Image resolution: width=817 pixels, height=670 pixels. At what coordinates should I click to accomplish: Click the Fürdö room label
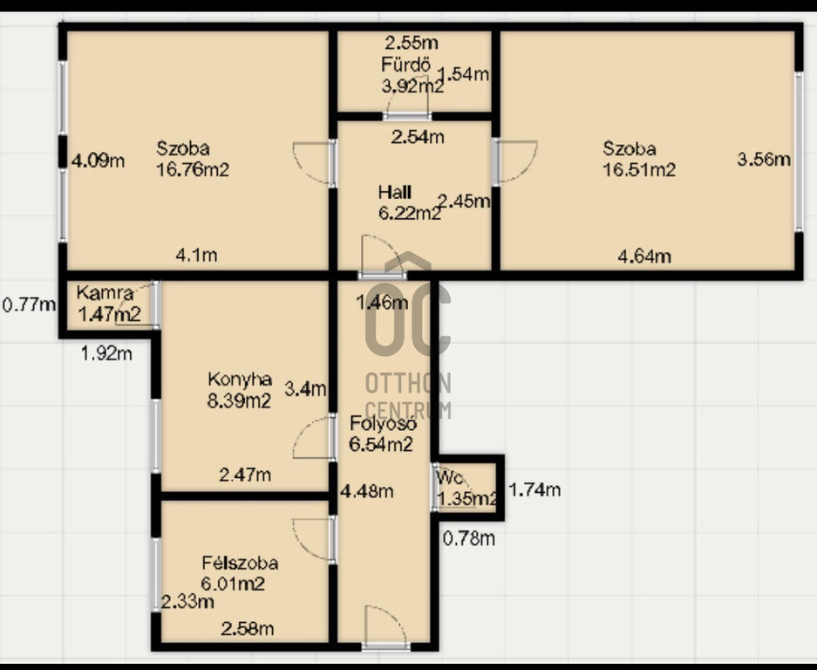406,65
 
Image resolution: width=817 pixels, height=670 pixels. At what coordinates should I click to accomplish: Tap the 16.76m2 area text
193,170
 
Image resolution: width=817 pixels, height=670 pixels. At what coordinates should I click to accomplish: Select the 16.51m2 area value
639,170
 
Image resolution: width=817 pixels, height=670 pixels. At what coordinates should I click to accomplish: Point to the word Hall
394,192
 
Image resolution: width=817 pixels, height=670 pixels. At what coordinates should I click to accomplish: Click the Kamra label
105,293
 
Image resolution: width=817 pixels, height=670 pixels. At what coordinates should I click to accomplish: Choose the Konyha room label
239,379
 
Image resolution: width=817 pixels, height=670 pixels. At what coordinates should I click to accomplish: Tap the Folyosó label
383,423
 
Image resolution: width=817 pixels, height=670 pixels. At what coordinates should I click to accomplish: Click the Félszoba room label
240,563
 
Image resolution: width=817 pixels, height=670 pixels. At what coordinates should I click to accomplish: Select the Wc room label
450,477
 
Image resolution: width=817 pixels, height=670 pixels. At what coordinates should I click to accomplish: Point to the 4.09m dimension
98,161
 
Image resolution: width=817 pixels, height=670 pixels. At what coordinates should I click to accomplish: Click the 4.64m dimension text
644,256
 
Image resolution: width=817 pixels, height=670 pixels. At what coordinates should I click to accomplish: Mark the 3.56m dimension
763,159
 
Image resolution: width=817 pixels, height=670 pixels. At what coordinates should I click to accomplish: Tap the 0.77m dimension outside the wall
29,304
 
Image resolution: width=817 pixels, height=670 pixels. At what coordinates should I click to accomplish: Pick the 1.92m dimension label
106,354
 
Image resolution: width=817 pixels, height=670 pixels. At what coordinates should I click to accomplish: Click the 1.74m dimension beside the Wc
534,489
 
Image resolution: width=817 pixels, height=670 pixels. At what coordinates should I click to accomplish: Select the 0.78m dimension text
469,538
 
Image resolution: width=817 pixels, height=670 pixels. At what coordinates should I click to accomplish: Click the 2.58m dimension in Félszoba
247,629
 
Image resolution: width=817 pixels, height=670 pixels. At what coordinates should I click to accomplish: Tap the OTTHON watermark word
408,383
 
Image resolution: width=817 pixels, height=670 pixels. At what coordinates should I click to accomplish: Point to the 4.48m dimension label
367,491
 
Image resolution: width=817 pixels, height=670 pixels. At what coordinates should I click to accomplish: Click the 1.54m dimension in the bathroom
463,74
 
